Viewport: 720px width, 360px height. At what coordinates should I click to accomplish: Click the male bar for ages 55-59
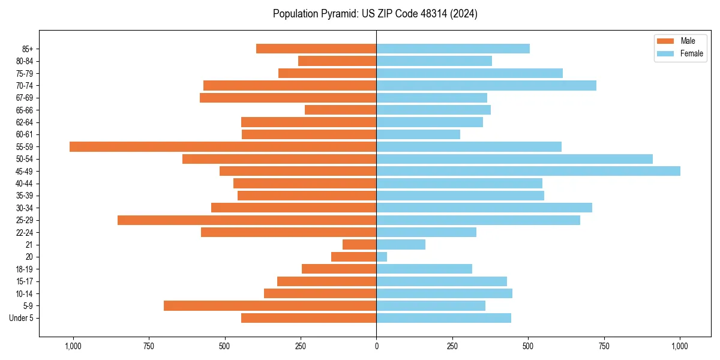click(223, 146)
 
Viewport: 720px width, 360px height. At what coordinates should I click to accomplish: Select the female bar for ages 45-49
click(528, 171)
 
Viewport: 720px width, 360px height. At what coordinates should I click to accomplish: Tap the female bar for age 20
click(382, 257)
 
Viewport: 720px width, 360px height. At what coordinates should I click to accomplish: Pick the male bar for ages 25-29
click(247, 220)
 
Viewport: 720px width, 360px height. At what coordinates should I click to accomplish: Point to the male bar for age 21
click(359, 245)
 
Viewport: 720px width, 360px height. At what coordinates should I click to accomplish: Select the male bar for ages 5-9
click(270, 306)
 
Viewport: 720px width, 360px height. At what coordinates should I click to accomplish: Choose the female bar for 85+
click(453, 49)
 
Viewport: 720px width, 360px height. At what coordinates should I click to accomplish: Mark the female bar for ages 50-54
click(514, 159)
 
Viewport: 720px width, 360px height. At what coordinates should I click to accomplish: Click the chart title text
click(375, 14)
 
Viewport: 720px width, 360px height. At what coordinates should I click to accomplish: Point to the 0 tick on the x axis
click(376, 346)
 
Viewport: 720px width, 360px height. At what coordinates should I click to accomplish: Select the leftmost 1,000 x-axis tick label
click(73, 346)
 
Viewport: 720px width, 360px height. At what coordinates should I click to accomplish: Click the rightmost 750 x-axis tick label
click(604, 346)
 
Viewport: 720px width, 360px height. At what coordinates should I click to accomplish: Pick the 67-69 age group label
click(25, 98)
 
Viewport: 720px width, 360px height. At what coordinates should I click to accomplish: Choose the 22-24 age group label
click(25, 233)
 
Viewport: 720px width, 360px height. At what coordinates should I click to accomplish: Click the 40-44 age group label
click(25, 184)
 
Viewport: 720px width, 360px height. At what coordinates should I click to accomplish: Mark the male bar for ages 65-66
click(340, 110)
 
